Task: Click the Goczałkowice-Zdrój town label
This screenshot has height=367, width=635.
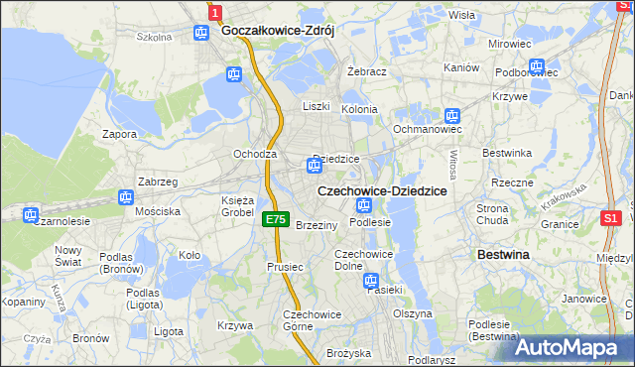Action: [278, 31]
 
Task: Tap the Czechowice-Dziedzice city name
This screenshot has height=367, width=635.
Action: [381, 189]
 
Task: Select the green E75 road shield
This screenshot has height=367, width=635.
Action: [277, 220]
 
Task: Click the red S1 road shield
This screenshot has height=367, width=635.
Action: [611, 217]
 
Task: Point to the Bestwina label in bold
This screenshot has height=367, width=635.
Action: [503, 255]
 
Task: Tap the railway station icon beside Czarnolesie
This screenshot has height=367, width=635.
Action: [31, 213]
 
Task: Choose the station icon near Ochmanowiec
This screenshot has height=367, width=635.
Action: [452, 115]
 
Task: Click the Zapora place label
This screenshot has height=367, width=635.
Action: [120, 133]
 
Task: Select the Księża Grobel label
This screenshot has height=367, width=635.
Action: [237, 206]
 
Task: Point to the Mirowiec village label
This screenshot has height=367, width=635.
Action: [510, 45]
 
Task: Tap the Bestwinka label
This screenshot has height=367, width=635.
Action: [507, 153]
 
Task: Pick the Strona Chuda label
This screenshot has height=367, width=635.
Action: [493, 214]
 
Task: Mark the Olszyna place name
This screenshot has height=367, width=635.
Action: [413, 313]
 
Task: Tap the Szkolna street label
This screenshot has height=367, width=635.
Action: [154, 37]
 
